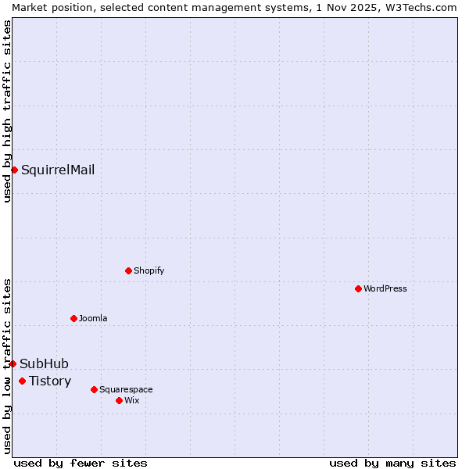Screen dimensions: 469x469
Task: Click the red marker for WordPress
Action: [x=358, y=288]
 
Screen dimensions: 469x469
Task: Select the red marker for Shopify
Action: [x=128, y=270]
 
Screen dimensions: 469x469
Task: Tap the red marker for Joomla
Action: [x=73, y=318]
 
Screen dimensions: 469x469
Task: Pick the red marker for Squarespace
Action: [x=94, y=389]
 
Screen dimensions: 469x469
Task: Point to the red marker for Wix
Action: [x=119, y=400]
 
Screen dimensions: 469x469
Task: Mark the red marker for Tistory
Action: [x=22, y=381]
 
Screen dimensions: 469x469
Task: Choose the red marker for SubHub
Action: [x=13, y=363]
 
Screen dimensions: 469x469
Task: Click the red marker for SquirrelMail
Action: [x=14, y=170]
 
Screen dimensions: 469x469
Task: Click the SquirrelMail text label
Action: [x=58, y=170]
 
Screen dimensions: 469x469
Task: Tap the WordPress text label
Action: [x=385, y=288]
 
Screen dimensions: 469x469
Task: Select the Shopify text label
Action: [x=149, y=270]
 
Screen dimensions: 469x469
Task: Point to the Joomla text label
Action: [x=93, y=318]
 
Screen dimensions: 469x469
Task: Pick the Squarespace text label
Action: [x=126, y=389]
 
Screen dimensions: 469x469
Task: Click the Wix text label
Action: [x=132, y=400]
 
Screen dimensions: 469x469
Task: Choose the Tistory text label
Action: [x=50, y=381]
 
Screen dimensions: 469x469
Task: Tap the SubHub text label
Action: [x=45, y=363]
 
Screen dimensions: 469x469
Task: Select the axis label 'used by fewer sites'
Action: [x=81, y=463]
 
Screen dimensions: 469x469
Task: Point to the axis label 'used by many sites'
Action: [x=392, y=463]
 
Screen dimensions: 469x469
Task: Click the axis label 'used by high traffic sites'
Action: [x=7, y=111]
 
